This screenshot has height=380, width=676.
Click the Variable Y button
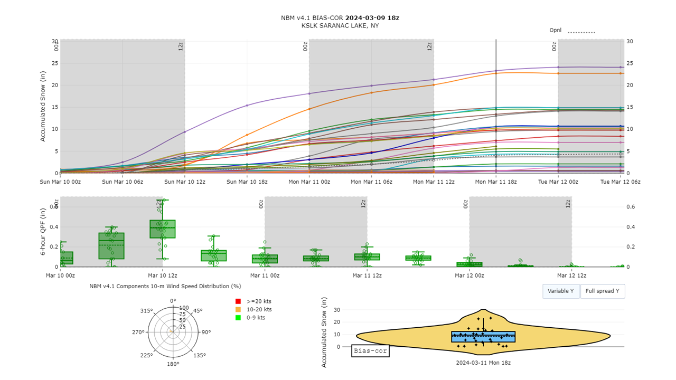561,291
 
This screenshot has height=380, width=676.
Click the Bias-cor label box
370,351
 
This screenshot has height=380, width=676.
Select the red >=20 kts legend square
238,301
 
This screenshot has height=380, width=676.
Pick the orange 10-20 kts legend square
238,309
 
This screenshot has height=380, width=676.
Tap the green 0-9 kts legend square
238,318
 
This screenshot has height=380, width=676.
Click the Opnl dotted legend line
581,32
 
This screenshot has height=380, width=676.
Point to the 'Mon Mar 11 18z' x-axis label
496,182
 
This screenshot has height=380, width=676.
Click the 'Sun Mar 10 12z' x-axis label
185,182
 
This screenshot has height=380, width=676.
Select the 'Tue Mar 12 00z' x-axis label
558,182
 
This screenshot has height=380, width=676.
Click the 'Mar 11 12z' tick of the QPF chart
368,275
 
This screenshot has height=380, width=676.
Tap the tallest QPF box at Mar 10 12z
163,229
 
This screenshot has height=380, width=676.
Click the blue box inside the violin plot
483,337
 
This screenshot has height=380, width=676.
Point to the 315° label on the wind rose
146,311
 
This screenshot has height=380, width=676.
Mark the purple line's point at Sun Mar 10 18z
247,106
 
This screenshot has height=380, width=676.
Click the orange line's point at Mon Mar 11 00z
309,109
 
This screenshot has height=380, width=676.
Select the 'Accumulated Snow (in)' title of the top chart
43,107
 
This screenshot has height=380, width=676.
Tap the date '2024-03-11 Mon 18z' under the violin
483,363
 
